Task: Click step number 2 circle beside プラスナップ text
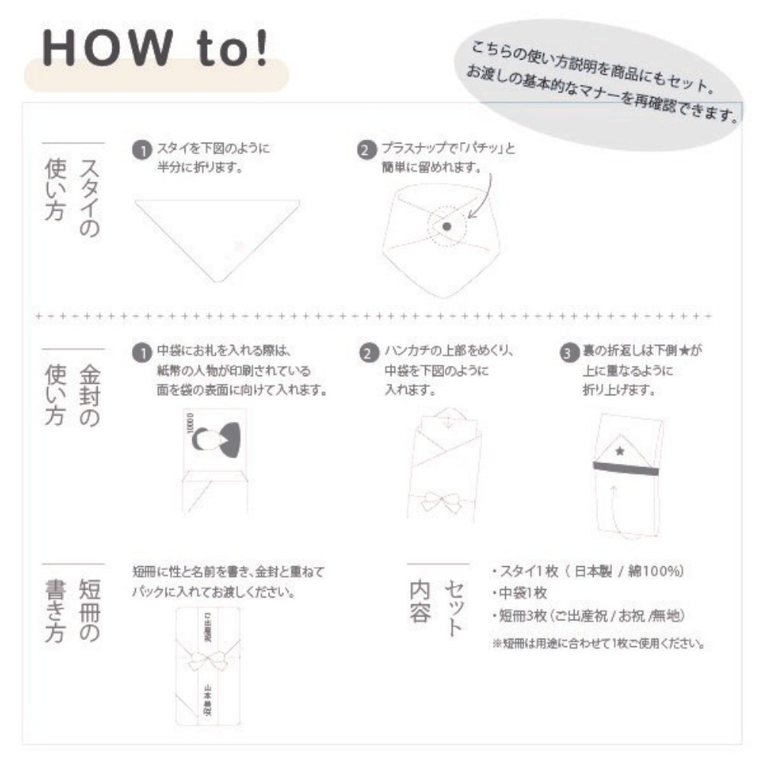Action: (x=367, y=150)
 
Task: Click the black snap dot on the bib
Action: (x=447, y=227)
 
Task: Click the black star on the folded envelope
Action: (x=620, y=452)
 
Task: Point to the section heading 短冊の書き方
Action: (x=73, y=603)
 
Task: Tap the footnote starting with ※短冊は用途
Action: (x=598, y=643)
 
